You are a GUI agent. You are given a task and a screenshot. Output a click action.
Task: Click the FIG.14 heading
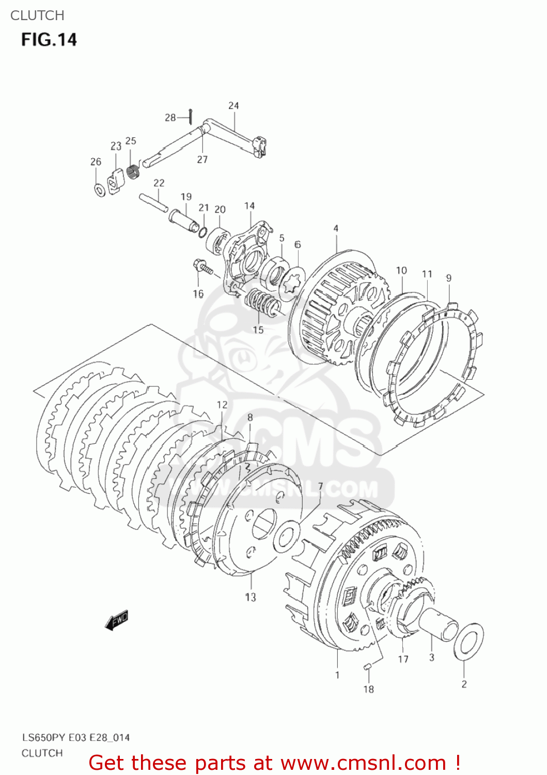coord(49,40)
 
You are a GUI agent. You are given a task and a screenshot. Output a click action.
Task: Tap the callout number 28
coord(170,118)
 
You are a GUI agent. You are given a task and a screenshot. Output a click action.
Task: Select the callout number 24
coord(233,106)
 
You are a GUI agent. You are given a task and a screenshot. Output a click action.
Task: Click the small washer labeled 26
coord(99,190)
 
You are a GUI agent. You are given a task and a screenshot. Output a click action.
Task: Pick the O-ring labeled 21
coord(203,232)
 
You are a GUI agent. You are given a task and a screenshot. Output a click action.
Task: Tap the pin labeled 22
coord(153,202)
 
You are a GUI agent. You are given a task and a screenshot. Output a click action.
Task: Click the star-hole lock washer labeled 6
coord(292,282)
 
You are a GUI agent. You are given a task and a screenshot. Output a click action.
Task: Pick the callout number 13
coord(251,597)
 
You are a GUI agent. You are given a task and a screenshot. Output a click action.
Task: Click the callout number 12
coord(222,405)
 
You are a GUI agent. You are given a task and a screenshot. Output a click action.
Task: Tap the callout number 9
coord(448,278)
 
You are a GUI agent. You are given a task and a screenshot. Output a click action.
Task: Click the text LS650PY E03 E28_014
coord(75,737)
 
